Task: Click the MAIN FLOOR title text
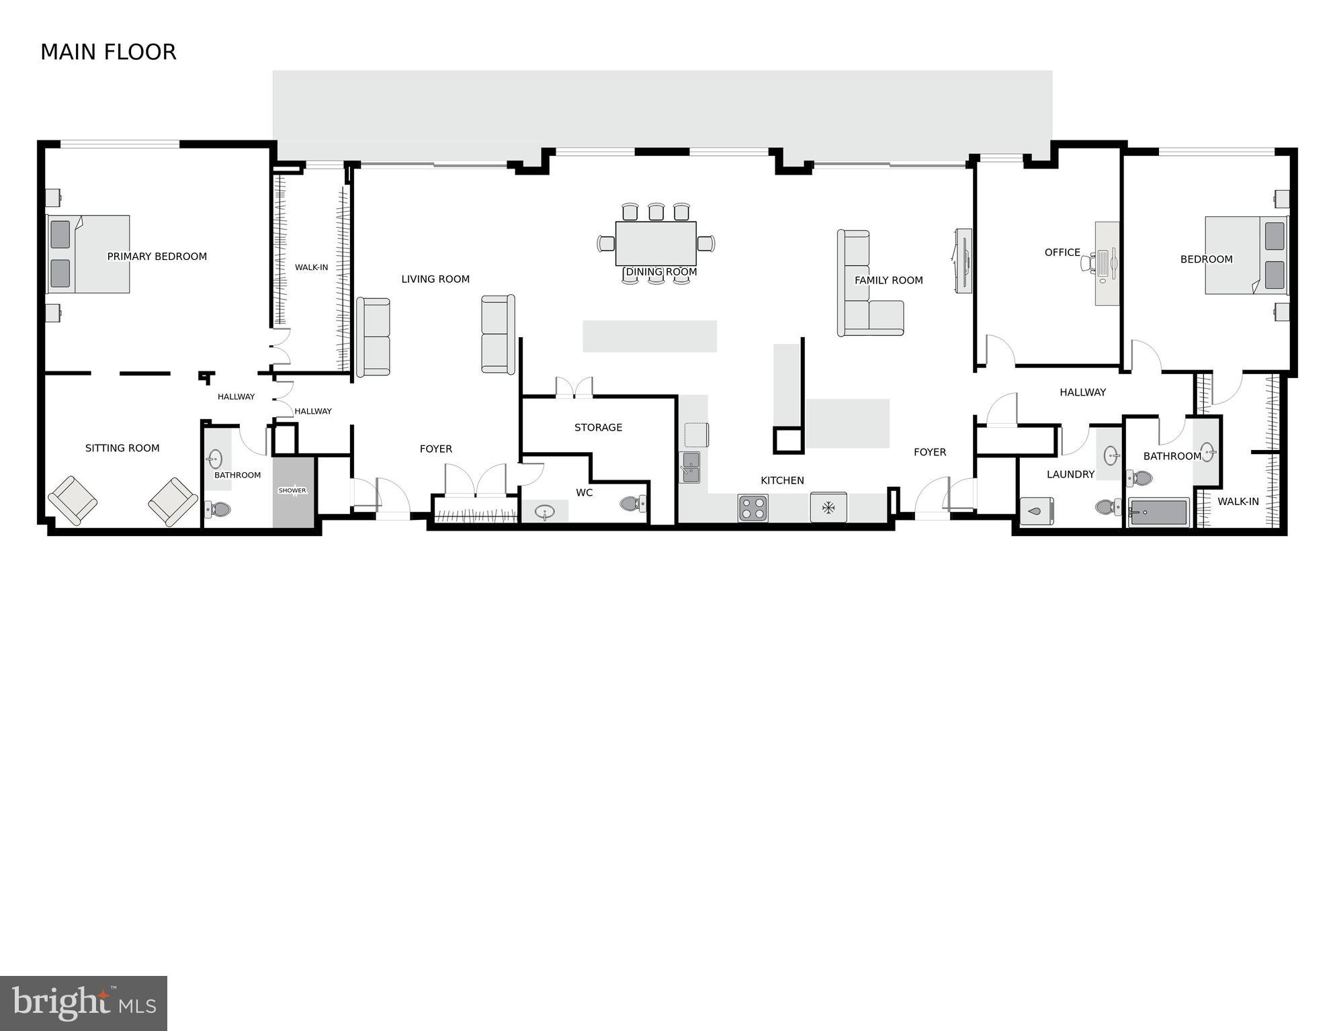click(108, 52)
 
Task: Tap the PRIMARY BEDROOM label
click(157, 256)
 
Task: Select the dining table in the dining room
click(655, 243)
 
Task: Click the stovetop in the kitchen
click(752, 508)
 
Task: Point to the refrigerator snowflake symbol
click(828, 508)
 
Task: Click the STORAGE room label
click(598, 427)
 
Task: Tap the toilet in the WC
click(631, 503)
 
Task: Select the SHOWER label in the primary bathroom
click(292, 490)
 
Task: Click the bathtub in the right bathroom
click(1158, 512)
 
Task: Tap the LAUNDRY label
click(1070, 474)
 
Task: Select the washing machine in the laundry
click(1036, 510)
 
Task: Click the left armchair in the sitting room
click(73, 500)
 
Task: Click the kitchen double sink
click(690, 467)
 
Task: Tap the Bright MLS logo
click(83, 1003)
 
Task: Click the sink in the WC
click(544, 512)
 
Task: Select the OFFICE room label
click(1062, 253)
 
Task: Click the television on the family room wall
click(963, 261)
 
